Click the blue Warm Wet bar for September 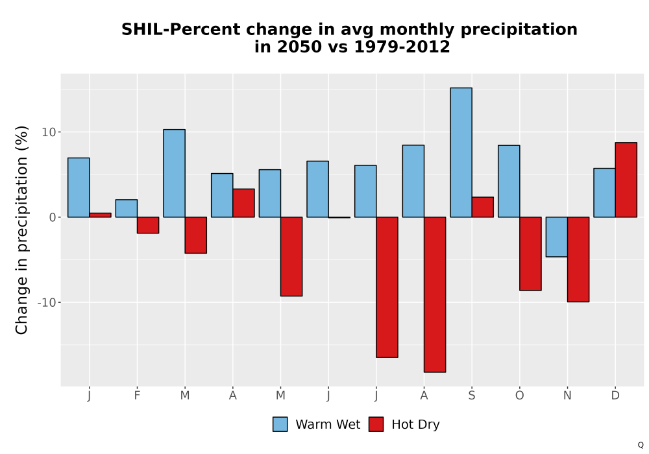461,152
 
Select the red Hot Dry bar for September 483,207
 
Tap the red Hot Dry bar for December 626,180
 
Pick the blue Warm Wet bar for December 604,193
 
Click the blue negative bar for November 557,237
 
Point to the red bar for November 578,259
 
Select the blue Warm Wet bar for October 509,181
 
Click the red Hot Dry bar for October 530,254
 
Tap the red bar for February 148,225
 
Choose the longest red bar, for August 435,294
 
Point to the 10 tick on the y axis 58,132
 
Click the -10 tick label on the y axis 46,303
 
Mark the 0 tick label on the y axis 52,217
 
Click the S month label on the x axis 472,396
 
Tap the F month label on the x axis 137,396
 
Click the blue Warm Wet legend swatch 280,424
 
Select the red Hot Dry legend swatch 376,424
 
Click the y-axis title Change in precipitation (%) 21,230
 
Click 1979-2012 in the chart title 402,47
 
